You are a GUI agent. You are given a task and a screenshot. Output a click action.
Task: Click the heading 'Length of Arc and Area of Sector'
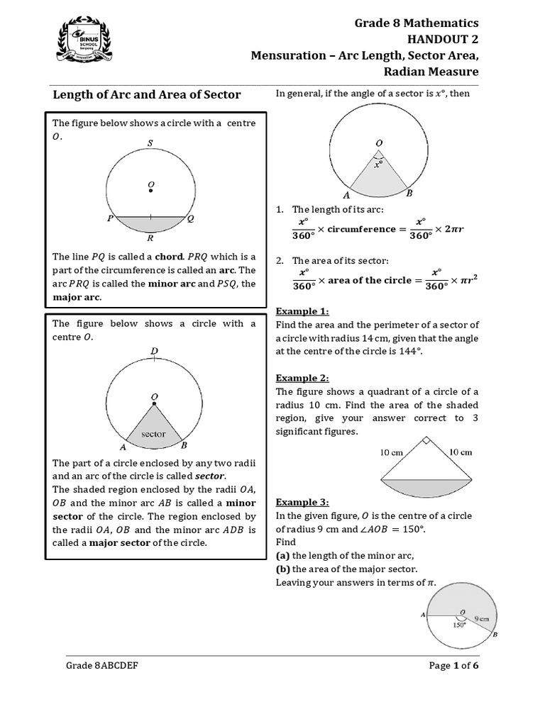click(x=148, y=94)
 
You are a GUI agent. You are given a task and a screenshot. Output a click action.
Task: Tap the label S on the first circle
click(x=150, y=143)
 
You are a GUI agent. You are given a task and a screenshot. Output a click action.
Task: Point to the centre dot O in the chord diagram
click(x=150, y=189)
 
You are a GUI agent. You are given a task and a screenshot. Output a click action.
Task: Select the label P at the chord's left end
click(x=110, y=219)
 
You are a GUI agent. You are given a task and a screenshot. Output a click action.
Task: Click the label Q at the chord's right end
click(x=190, y=219)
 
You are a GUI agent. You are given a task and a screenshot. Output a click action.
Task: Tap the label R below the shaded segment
click(x=150, y=239)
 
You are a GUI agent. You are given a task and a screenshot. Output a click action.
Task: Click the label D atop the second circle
click(x=154, y=351)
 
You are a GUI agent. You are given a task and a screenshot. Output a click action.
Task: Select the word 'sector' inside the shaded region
click(x=153, y=434)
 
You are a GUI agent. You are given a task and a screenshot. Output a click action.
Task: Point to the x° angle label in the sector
click(x=379, y=164)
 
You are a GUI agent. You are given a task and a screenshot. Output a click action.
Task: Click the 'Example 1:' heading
click(x=302, y=311)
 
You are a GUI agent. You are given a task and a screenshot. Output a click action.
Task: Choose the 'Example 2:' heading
click(x=302, y=378)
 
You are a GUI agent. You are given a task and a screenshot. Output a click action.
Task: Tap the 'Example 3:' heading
click(x=302, y=502)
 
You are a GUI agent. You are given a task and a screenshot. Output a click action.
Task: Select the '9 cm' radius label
click(x=483, y=618)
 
